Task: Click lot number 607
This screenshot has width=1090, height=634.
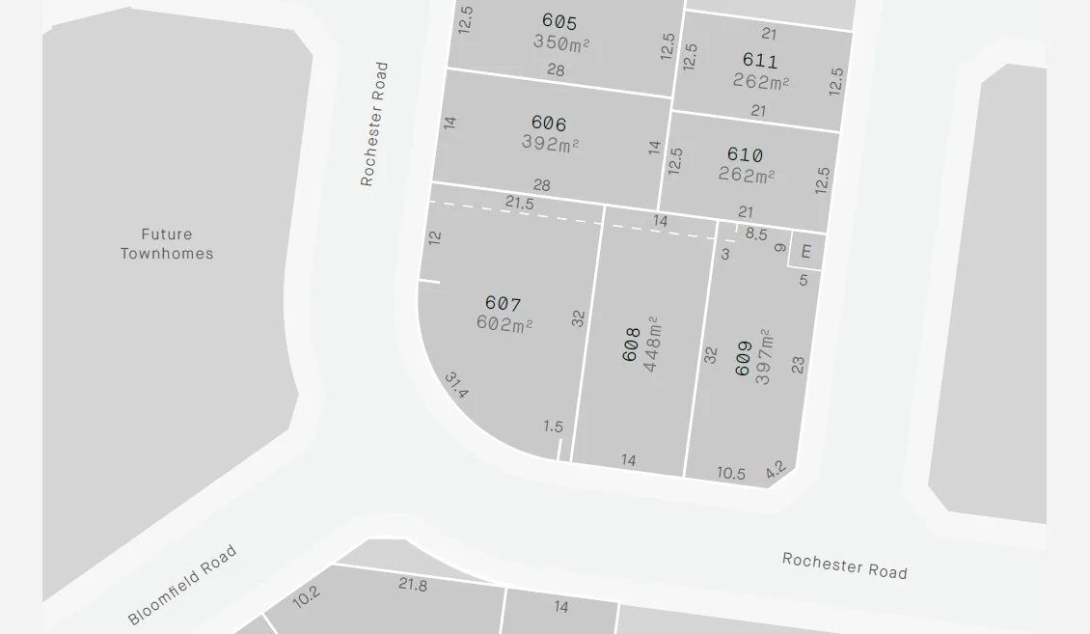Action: coord(503,305)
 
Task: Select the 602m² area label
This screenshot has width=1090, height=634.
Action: coord(504,324)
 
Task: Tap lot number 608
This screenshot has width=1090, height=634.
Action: coord(632,345)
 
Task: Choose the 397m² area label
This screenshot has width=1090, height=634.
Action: coord(764,357)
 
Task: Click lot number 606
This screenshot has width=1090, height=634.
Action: coord(548,124)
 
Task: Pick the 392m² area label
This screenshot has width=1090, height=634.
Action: coord(550,144)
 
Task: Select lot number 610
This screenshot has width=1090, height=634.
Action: coord(745,155)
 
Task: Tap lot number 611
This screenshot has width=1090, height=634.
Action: coord(759,61)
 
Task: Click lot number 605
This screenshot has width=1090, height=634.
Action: coord(559,22)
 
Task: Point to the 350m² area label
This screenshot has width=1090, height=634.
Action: coord(560,42)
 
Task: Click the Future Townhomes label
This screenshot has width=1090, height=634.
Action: coord(167,244)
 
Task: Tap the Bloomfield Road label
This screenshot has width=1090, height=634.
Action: coord(182,586)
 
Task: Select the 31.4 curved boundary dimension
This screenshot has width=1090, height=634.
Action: coord(456,386)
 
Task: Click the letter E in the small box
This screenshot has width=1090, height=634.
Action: coord(806,253)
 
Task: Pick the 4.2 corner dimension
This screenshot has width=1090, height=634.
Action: coord(776,470)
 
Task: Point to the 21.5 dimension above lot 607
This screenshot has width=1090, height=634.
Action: coord(519,203)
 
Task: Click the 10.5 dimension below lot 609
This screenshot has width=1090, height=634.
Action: coord(730,473)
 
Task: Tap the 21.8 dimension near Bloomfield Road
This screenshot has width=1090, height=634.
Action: coord(413,584)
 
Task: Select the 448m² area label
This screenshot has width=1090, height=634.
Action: coord(653,345)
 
